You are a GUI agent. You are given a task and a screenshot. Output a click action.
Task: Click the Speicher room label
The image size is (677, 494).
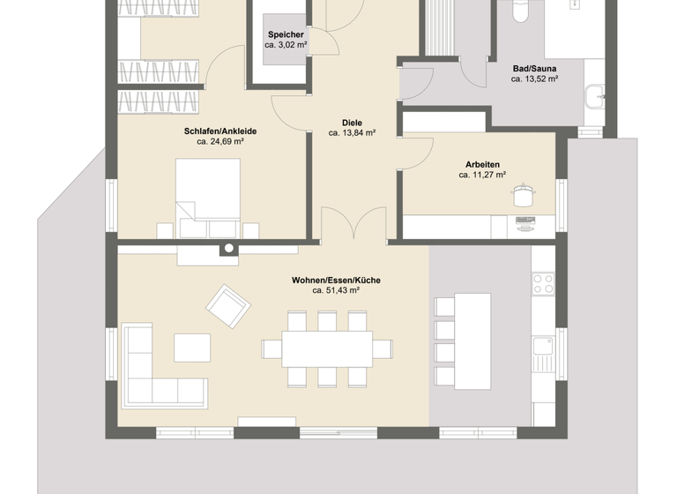(x=286, y=35)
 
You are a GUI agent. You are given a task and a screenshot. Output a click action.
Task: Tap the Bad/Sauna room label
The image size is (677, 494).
(x=534, y=67)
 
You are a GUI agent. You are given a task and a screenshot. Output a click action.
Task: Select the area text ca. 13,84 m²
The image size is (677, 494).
(x=353, y=133)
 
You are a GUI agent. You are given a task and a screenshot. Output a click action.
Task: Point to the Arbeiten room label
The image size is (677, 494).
(x=482, y=164)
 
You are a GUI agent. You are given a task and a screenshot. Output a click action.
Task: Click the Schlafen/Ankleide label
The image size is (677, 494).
(x=220, y=131)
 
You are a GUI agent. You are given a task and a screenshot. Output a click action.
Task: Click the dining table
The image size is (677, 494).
(x=327, y=348)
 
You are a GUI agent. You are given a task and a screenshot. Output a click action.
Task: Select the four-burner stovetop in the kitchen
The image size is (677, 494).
(x=543, y=284)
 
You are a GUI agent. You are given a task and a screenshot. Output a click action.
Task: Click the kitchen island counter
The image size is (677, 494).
(x=472, y=340)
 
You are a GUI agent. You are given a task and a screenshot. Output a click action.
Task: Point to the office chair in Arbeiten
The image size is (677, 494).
(x=524, y=193)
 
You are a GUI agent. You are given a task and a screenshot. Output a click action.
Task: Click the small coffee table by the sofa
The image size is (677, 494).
(x=191, y=346)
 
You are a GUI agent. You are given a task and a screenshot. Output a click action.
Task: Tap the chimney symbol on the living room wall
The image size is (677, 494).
(x=228, y=249)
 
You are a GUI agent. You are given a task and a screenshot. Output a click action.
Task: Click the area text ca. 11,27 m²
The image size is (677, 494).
(x=482, y=175)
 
